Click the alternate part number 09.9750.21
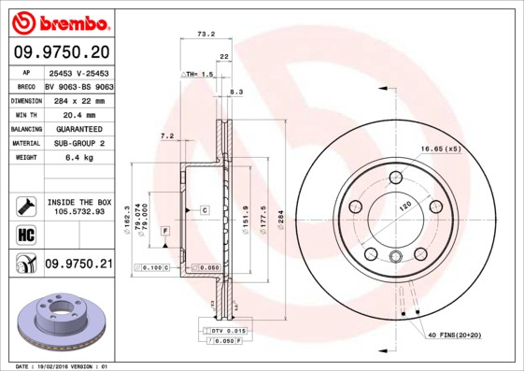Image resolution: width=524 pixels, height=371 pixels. pos(78,265)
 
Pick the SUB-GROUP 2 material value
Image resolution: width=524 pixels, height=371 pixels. pos(78,143)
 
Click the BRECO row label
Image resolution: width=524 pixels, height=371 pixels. pos(25,84)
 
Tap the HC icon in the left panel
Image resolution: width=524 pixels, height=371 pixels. pos(21,235)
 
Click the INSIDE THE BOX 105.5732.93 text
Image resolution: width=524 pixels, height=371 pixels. pos(79,207)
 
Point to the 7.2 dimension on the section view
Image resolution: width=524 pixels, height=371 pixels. pos(168,136)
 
